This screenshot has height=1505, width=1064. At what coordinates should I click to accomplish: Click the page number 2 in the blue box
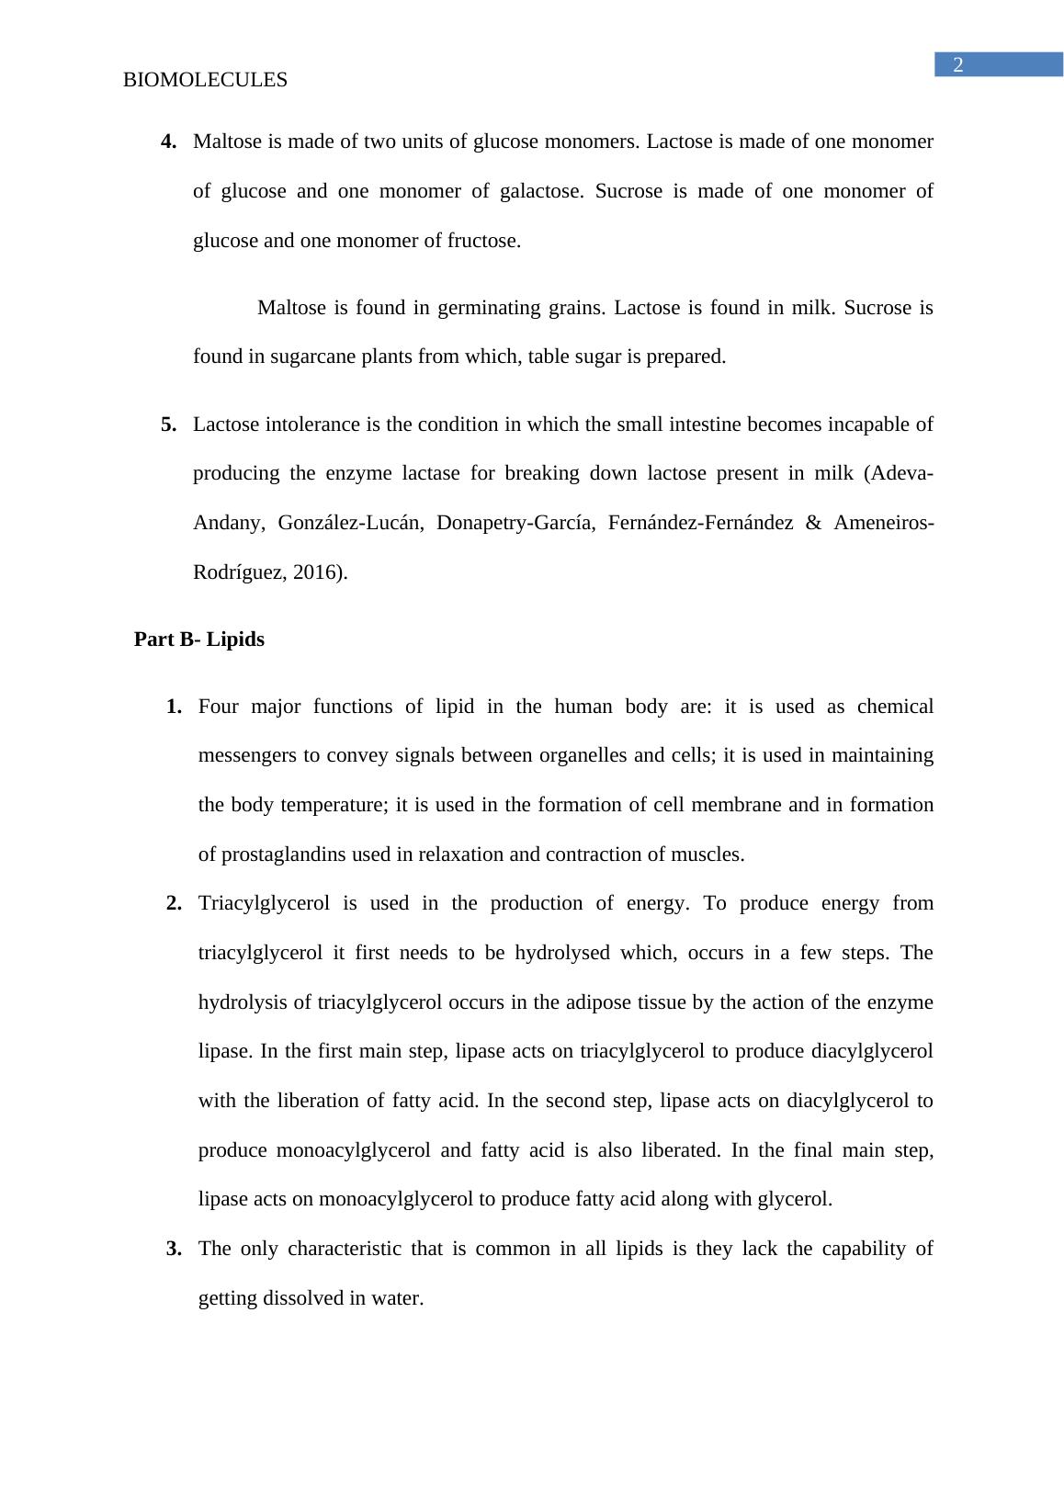pyautogui.click(x=957, y=65)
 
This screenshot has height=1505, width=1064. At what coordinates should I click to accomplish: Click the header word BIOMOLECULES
pyautogui.click(x=205, y=81)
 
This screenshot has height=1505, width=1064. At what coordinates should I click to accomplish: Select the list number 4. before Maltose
pyautogui.click(x=169, y=142)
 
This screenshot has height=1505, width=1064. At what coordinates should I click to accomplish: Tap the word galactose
pyautogui.click(x=539, y=192)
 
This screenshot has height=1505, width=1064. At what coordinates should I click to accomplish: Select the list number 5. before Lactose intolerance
pyautogui.click(x=169, y=424)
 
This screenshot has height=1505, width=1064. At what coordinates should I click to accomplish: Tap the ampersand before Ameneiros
pyautogui.click(x=812, y=524)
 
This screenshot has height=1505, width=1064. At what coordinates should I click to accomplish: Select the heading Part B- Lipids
pyautogui.click(x=199, y=639)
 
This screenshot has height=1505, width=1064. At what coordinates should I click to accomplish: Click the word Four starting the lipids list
pyautogui.click(x=219, y=707)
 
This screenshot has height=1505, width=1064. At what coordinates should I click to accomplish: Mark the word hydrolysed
pyautogui.click(x=561, y=953)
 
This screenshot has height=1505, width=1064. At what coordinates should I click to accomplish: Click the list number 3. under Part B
pyautogui.click(x=175, y=1249)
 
